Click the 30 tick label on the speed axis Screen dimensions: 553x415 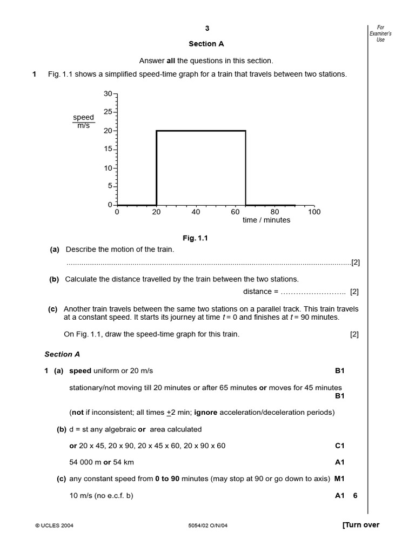pos(108,94)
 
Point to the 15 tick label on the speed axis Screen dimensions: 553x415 pos(108,149)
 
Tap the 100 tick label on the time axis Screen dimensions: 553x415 pos(314,212)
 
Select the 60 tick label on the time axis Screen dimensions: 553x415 pos(235,212)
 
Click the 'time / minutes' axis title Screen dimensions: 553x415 pos(266,220)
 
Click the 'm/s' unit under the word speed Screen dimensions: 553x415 pos(84,126)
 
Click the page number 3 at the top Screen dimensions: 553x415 pos(207,29)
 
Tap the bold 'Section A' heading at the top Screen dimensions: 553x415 pos(206,44)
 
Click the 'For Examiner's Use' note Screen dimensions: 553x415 pos(380,33)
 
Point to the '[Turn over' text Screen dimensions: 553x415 pos(360,525)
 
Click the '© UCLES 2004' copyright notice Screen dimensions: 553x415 pos(54,525)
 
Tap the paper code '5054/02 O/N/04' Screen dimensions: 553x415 pos(202,525)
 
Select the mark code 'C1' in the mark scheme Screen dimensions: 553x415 pos(339,446)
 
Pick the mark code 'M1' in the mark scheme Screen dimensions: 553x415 pos(339,478)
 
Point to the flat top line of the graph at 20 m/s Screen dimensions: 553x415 pos(201,131)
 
